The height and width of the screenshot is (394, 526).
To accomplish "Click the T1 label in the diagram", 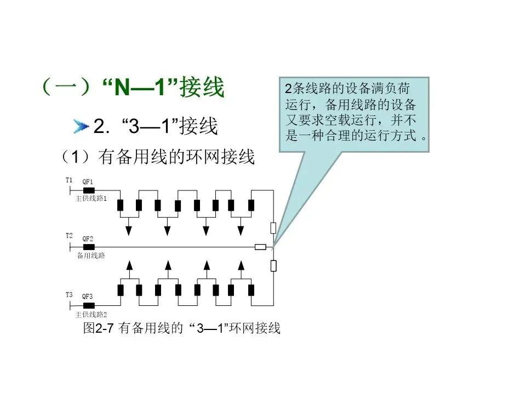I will coord(68,179).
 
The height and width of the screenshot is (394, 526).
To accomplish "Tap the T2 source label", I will coord(68,236).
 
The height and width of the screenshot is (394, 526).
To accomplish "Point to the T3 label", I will coord(68,296).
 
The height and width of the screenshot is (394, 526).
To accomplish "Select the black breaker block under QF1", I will coord(88,190).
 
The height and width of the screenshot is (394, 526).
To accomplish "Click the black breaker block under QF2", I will coord(88,247).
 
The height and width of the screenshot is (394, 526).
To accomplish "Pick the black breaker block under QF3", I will coord(88,305).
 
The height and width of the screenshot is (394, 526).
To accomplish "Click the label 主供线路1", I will coord(91,199).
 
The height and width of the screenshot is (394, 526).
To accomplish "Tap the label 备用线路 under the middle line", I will coord(91,256).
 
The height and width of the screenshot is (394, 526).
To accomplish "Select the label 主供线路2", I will coord(91,315).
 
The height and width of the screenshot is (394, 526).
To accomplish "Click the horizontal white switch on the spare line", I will coord(261,247).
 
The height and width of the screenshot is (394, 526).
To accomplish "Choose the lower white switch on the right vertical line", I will coord(273,266).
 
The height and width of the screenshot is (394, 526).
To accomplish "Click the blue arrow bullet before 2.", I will coord(81,128).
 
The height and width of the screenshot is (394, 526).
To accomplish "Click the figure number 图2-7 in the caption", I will coord(98,328).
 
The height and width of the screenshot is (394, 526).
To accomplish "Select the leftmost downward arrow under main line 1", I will coord(128,229).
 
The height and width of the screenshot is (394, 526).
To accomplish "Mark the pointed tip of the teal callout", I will coord(273,246).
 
